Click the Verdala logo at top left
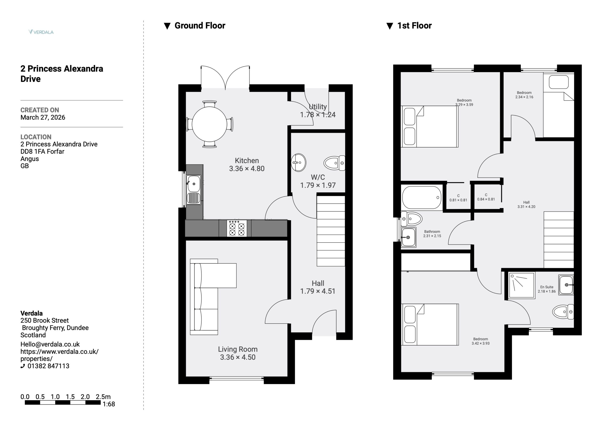pyautogui.click(x=41, y=32)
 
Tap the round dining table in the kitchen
pyautogui.click(x=210, y=124)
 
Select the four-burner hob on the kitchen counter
pyautogui.click(x=237, y=228)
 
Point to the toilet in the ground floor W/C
pyautogui.click(x=334, y=163)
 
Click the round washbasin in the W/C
pyautogui.click(x=298, y=162)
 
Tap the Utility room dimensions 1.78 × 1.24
pyautogui.click(x=318, y=115)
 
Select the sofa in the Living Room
pyautogui.click(x=213, y=297)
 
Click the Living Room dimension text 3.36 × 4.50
pyautogui.click(x=238, y=357)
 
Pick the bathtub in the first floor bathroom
pyautogui.click(x=422, y=198)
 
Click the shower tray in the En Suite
pyautogui.click(x=522, y=286)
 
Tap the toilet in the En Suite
pyautogui.click(x=563, y=312)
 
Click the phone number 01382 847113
pyautogui.click(x=48, y=366)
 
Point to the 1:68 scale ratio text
pyautogui.click(x=109, y=404)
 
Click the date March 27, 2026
pyautogui.click(x=43, y=117)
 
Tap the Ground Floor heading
pyautogui.click(x=200, y=25)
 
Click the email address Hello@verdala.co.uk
pyautogui.click(x=50, y=344)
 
